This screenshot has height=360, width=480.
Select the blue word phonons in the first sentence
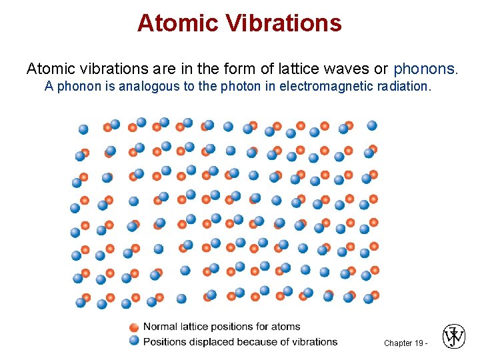[425, 69]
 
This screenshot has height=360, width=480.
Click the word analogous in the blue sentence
[146, 86]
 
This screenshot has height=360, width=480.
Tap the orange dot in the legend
[134, 327]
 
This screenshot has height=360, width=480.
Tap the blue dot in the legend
[134, 341]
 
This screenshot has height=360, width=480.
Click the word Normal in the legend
[160, 327]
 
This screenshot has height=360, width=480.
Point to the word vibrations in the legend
[314, 341]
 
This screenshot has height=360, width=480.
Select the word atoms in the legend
[287, 327]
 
